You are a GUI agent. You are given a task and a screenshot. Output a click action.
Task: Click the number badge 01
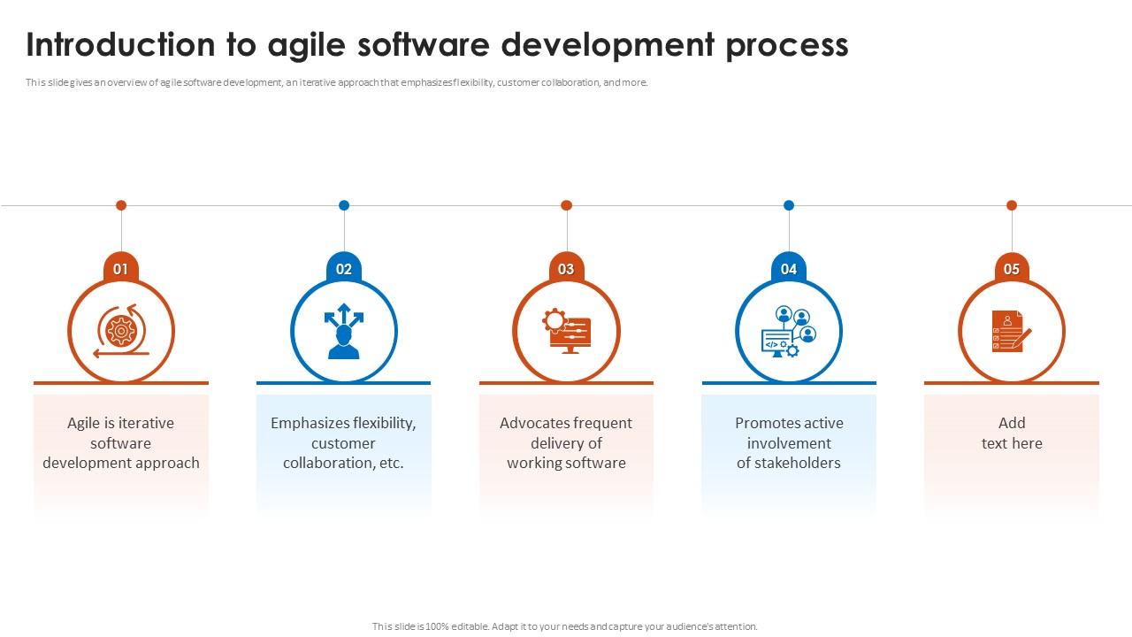coord(121,269)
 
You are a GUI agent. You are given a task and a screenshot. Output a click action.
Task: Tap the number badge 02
coord(344,269)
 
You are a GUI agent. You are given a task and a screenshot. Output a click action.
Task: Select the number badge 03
coord(566,269)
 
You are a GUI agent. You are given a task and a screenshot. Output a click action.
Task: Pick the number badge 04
coord(789,269)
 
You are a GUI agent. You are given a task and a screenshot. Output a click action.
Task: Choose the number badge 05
coord(1012,269)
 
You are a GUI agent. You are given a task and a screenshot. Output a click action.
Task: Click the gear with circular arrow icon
coord(121,331)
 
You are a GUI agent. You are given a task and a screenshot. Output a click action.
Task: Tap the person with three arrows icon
coord(344,332)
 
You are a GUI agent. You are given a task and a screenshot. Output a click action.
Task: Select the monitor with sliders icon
coord(566,331)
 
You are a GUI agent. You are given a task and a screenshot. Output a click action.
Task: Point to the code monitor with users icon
coord(789,332)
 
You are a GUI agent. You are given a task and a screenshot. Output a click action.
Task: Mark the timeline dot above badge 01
coord(121,205)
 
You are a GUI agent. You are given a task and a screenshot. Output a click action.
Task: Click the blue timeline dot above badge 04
coord(789,205)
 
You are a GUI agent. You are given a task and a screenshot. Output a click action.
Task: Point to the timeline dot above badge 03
coord(566,205)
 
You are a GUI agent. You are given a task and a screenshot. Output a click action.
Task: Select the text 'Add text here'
coord(1012,434)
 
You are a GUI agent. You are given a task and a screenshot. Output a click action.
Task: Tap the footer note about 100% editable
coord(565,626)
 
